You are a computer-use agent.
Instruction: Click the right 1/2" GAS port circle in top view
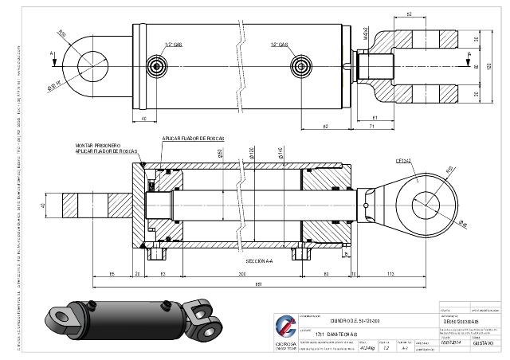[300, 65]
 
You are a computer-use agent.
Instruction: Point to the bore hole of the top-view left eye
[93, 61]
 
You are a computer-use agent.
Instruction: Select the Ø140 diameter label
[280, 153]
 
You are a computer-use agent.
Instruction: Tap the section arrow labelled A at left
[53, 54]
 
